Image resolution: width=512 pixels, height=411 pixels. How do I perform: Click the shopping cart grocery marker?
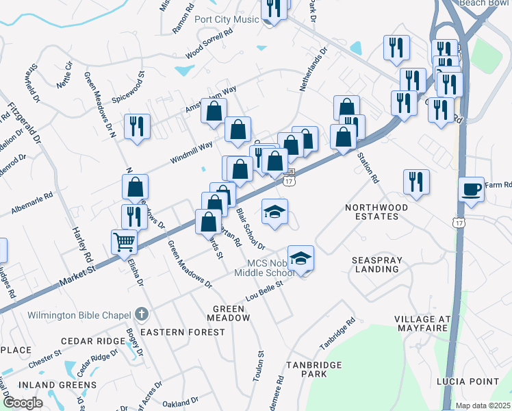tap(124, 241)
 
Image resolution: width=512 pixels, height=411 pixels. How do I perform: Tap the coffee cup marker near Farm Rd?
tap(471, 189)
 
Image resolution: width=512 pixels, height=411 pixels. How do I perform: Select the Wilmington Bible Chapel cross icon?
tap(142, 315)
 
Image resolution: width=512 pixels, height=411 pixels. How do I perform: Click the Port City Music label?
tap(227, 19)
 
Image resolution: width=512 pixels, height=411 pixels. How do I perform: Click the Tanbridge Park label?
tap(314, 370)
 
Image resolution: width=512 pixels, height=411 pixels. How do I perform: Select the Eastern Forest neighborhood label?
tap(182, 332)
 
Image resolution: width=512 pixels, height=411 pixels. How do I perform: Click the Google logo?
tap(23, 403)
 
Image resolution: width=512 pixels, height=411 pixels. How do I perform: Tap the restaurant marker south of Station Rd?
tap(416, 182)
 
